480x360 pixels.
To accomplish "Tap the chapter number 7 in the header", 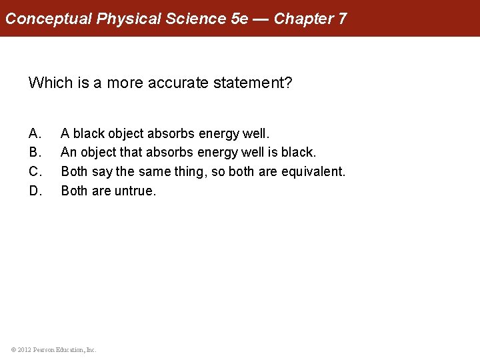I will point(342,18).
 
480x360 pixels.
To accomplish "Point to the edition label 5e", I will point(239,18).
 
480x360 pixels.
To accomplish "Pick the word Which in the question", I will point(49,83).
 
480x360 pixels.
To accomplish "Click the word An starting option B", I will point(69,153).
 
